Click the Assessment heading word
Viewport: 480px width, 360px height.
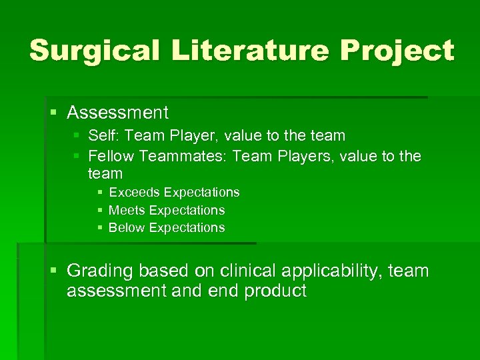click(117, 112)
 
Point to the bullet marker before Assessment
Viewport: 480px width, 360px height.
click(54, 112)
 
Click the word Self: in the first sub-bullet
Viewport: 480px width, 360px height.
click(103, 136)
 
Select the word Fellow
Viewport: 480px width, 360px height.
click(111, 156)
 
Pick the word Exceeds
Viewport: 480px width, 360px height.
click(134, 192)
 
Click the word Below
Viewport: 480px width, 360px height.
click(127, 227)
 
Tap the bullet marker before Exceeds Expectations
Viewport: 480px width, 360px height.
click(99, 192)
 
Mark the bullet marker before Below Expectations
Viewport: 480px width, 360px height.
click(99, 227)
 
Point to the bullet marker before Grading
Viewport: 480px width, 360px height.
click(54, 271)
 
